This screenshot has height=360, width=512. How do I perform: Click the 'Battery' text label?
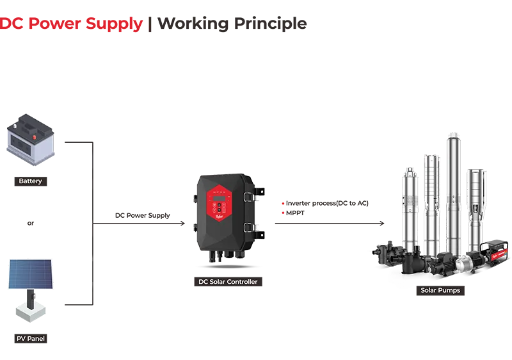[x=30, y=181]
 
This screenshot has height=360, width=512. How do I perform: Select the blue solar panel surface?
[x=29, y=272]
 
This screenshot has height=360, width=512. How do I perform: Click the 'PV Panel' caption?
[x=30, y=338]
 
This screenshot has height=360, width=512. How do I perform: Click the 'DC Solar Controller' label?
[x=228, y=282]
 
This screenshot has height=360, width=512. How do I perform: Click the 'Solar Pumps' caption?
[x=440, y=290]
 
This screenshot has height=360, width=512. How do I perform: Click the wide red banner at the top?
[x=256, y=54]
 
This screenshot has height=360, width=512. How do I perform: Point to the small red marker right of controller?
[x=283, y=206]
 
